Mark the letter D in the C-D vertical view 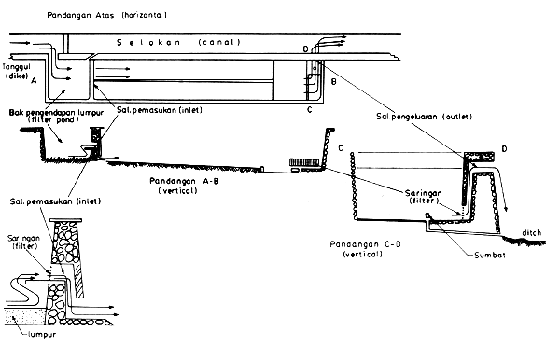(x=505, y=148)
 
